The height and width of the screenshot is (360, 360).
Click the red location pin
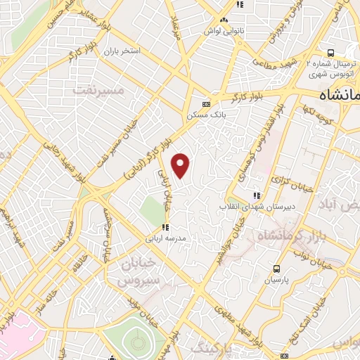coord(181,165)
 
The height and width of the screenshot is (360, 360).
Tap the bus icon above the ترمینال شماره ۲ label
coord(330,52)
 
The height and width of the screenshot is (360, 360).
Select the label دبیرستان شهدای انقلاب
coord(251,205)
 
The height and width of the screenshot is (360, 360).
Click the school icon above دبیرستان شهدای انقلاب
coord(257,195)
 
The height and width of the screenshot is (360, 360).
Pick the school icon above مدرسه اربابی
coord(165,227)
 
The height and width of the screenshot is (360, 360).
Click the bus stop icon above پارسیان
coord(276,269)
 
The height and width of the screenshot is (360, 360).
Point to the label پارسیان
coord(276,279)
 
